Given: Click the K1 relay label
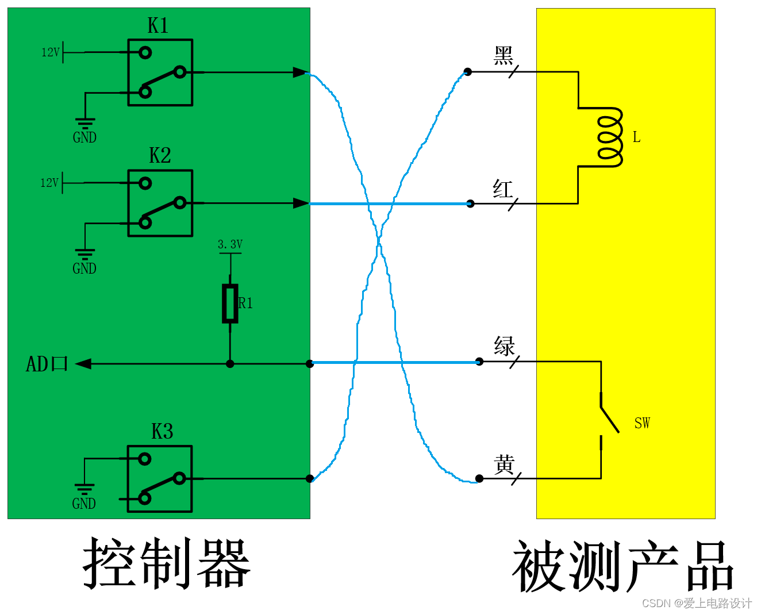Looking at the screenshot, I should pyautogui.click(x=158, y=26).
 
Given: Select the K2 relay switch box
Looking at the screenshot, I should pyautogui.click(x=160, y=203).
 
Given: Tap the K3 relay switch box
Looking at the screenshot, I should pyautogui.click(x=160, y=478).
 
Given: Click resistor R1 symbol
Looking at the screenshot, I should pyautogui.click(x=230, y=303).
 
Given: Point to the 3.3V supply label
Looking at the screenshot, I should pyautogui.click(x=230, y=244).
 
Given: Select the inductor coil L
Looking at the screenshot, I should pyautogui.click(x=609, y=137).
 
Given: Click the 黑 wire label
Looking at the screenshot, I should pyautogui.click(x=504, y=56).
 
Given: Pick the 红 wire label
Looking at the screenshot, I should pyautogui.click(x=503, y=189).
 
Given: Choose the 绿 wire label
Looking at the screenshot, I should pyautogui.click(x=504, y=347).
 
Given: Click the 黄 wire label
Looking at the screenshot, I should pyautogui.click(x=504, y=465).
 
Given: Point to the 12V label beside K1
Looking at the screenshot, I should pyautogui.click(x=50, y=52).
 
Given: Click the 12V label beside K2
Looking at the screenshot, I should pyautogui.click(x=49, y=183).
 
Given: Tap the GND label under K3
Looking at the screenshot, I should pyautogui.click(x=84, y=504).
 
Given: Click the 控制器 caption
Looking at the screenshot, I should pyautogui.click(x=167, y=564).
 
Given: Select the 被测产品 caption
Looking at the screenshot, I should pyautogui.click(x=623, y=567).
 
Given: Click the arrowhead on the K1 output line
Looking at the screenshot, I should pyautogui.click(x=300, y=72).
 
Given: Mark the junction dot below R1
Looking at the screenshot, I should pyautogui.click(x=230, y=364).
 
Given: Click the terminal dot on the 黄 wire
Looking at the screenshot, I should pyautogui.click(x=479, y=478).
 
